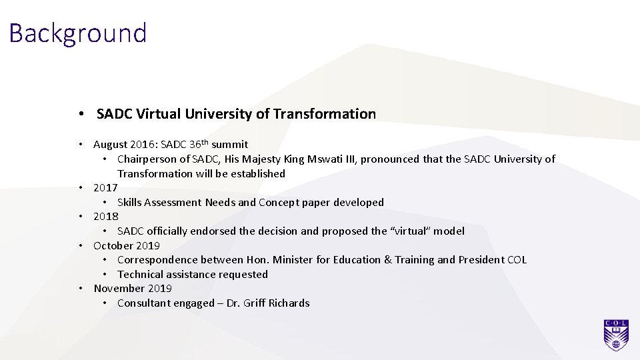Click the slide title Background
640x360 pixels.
78,33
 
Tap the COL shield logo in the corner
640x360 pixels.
616,335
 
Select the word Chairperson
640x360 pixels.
148,159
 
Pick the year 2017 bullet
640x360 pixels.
105,188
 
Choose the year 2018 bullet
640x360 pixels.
105,217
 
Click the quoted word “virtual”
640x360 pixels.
411,231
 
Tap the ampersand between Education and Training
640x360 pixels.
388,259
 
